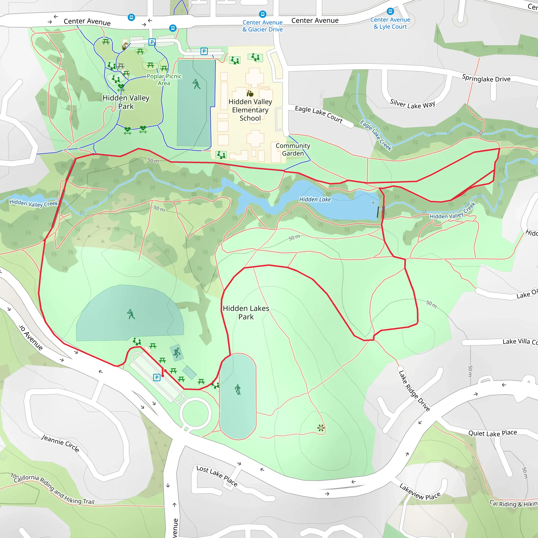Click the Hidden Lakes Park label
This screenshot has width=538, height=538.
tap(246, 312)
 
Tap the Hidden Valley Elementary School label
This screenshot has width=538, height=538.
tap(250, 110)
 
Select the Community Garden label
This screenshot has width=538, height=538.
tap(293, 149)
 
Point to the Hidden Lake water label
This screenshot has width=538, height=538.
tap(315, 199)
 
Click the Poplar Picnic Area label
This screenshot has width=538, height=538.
tap(164, 80)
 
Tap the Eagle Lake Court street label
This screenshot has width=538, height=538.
tap(319, 114)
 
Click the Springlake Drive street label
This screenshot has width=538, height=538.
tap(486, 79)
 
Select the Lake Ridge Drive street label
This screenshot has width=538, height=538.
tap(414, 391)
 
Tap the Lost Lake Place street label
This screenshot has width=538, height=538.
tap(217, 476)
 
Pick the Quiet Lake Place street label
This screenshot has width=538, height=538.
tap(492, 433)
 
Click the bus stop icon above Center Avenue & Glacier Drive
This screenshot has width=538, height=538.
tap(262, 14)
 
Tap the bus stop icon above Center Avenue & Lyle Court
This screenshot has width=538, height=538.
tap(390, 11)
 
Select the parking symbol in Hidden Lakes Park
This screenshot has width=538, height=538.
tap(157, 377)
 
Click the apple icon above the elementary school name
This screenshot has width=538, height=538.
tap(250, 94)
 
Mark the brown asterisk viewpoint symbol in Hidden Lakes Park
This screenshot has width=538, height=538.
tap(321, 428)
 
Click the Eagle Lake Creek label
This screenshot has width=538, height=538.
tap(376, 135)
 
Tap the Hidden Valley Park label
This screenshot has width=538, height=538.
tap(126, 102)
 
